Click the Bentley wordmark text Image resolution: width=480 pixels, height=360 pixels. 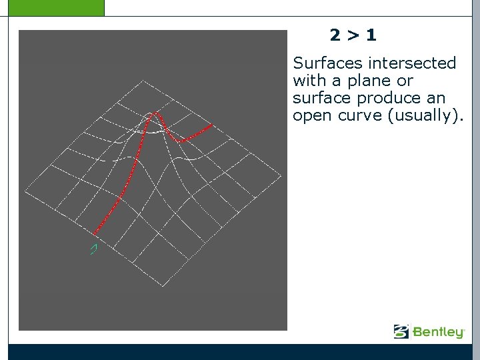pyautogui.click(x=438, y=331)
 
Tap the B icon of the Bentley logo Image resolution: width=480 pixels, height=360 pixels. pyautogui.click(x=401, y=331)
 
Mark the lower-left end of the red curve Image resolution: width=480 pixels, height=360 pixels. pyautogui.click(x=95, y=233)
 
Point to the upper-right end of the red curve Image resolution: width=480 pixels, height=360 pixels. pyautogui.click(x=213, y=124)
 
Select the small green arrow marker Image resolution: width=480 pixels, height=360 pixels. pyautogui.click(x=94, y=249)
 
